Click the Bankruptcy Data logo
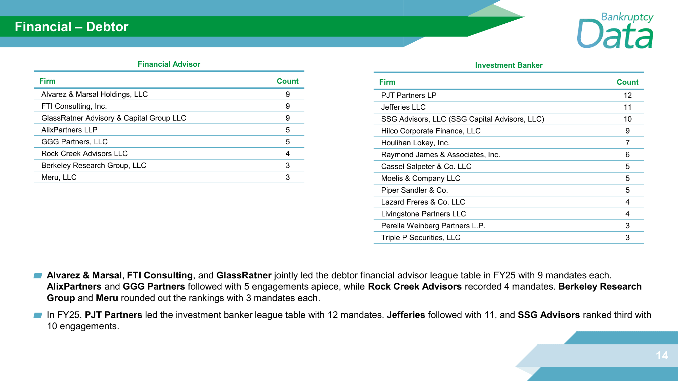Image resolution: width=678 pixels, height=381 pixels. point(615,31)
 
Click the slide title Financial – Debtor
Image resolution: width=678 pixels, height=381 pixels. point(72,27)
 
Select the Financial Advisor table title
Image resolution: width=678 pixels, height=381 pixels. point(169,64)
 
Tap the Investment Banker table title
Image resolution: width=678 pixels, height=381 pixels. point(509,65)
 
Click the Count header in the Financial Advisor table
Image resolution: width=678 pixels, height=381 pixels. point(287,81)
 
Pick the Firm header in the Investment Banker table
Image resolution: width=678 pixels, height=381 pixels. point(387,82)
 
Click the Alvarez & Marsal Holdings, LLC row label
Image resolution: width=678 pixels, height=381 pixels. point(94,94)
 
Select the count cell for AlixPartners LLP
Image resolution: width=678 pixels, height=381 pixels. point(287,130)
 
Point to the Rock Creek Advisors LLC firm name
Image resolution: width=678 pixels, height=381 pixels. point(84,154)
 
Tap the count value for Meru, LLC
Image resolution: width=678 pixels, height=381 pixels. point(287,177)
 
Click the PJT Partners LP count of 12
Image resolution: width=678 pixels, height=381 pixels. point(627,96)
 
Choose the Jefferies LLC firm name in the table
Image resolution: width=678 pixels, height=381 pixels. point(403,107)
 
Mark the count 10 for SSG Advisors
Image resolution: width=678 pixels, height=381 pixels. point(627,119)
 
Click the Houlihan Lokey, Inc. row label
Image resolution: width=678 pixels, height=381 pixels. point(415,143)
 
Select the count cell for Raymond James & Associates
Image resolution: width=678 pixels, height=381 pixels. point(627,155)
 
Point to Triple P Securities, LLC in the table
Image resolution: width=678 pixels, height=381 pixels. point(420,238)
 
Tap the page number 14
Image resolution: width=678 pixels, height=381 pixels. point(662,355)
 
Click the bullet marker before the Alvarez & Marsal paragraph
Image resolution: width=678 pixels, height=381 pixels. point(38,276)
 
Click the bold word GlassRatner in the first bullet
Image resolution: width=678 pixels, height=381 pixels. point(244,275)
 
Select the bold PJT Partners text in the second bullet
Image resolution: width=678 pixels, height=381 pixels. point(113,315)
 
